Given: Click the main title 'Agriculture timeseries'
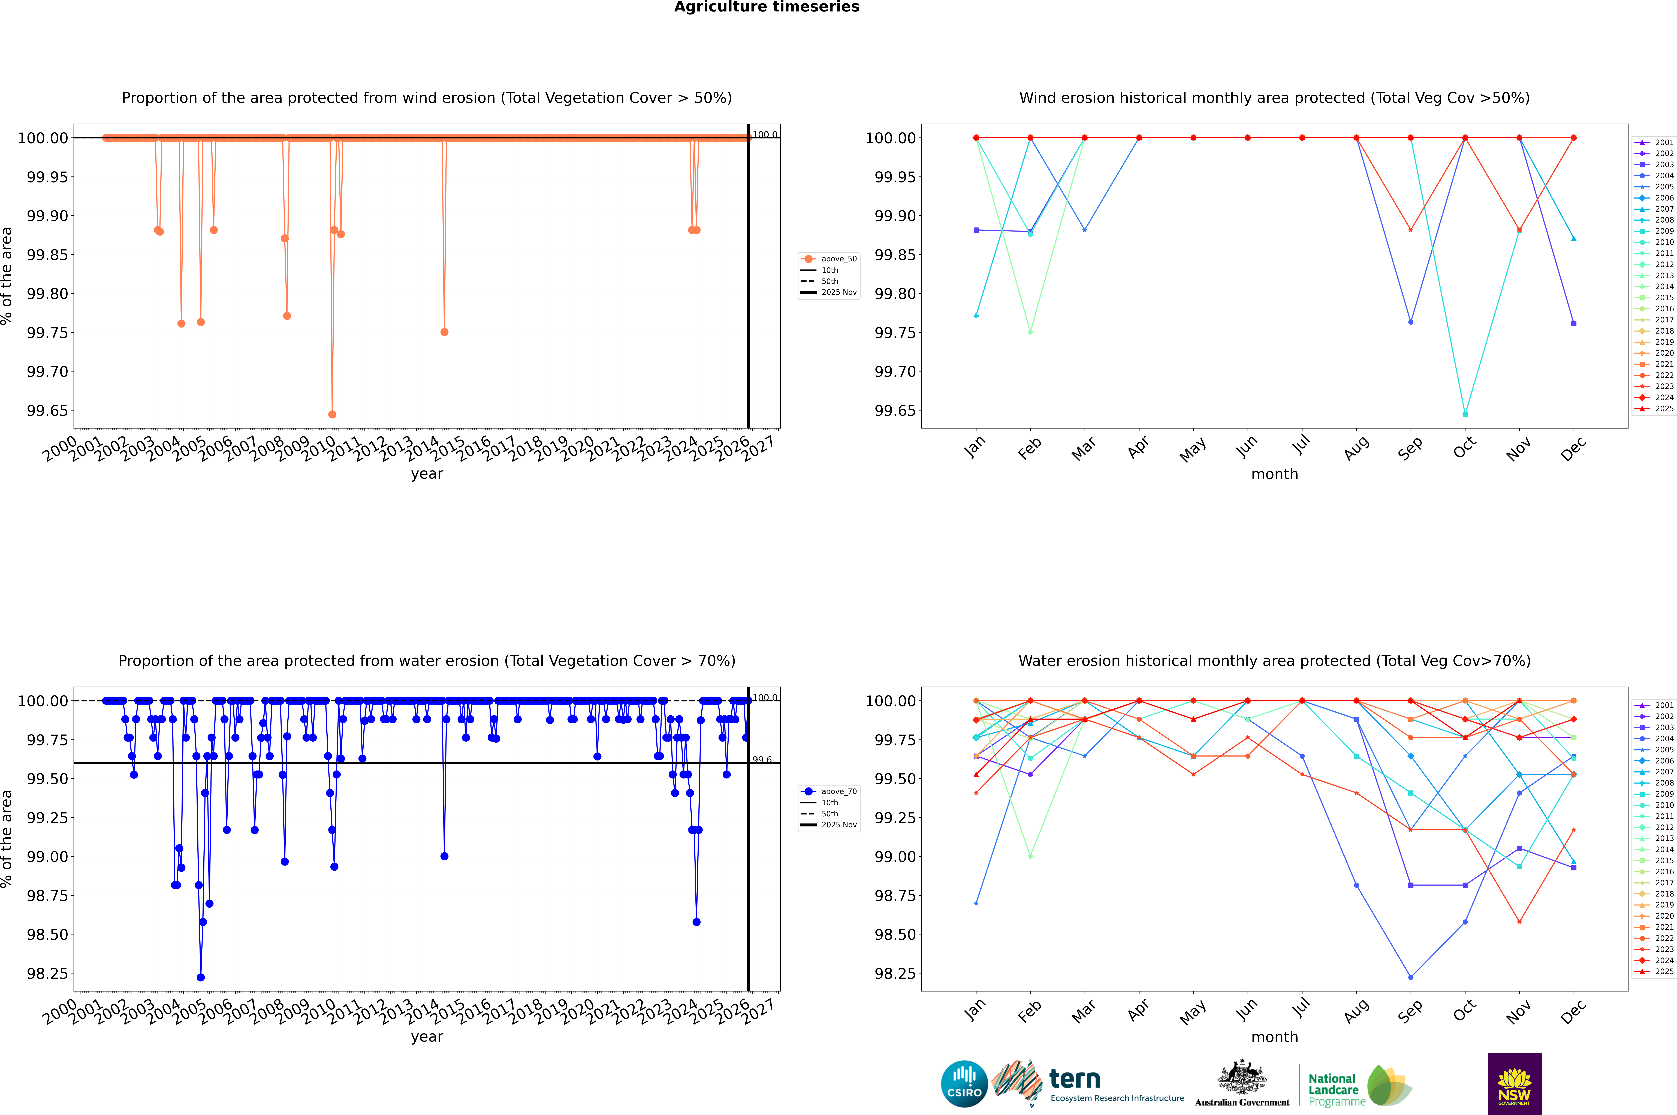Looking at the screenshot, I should [766, 7].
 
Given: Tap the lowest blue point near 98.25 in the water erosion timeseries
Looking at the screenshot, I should [200, 977].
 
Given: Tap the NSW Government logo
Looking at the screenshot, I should [1514, 1084].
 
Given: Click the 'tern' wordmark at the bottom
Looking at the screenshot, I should [1075, 1080].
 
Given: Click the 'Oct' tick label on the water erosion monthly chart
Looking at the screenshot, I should [1464, 1010].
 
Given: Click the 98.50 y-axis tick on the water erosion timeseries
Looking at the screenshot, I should [47, 934].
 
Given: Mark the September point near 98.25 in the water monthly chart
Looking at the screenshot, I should [1410, 977].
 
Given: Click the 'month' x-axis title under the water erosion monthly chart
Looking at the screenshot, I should [1274, 1037].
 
